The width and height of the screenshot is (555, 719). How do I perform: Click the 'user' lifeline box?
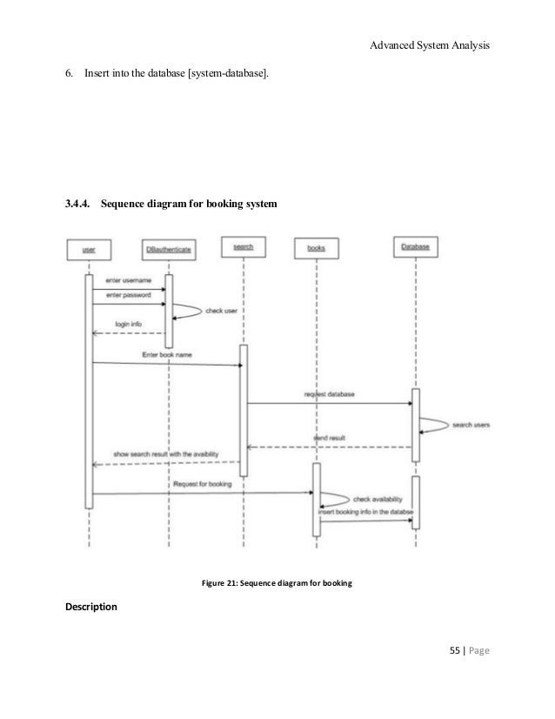coord(89,250)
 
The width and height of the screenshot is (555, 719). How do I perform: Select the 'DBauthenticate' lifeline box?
coord(169,250)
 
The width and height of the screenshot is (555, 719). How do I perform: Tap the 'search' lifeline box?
coord(244,247)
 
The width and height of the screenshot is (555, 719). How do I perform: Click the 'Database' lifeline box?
coord(416,248)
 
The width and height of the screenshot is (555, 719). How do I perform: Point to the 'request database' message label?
coord(329,394)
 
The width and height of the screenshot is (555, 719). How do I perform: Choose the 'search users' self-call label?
coord(471,425)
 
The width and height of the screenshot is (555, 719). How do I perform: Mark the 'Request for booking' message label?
coord(202,484)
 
